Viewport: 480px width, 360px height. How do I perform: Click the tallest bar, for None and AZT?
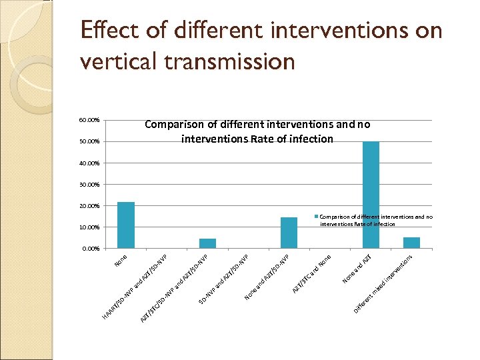click(x=371, y=195)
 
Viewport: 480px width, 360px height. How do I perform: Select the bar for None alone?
click(x=126, y=225)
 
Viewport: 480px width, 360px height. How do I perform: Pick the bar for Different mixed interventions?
click(x=411, y=243)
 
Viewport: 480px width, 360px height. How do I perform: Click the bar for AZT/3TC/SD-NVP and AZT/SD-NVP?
click(x=207, y=243)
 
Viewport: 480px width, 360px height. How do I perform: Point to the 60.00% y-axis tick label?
click(x=89, y=120)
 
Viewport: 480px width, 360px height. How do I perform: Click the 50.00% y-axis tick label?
click(x=89, y=141)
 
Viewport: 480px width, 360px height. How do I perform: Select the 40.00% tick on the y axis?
click(x=89, y=163)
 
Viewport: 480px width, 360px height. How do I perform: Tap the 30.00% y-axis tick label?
click(x=89, y=184)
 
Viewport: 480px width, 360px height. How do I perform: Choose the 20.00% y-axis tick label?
click(x=89, y=205)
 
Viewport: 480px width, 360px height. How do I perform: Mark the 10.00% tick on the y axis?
click(x=89, y=227)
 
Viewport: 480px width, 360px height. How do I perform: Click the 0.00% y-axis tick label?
click(x=91, y=249)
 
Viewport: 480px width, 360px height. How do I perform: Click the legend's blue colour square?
click(x=316, y=217)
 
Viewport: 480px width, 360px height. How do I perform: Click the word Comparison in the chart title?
click(x=174, y=124)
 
